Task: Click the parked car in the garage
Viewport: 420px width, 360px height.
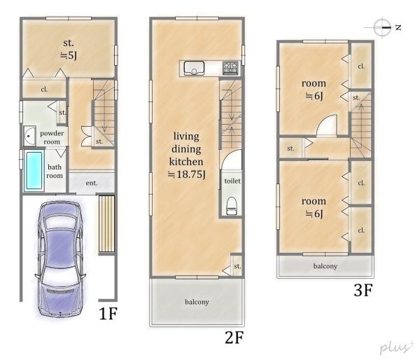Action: (60, 259)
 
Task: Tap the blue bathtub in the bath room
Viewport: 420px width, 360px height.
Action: (34, 169)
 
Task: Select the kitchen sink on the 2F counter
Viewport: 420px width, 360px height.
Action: (194, 67)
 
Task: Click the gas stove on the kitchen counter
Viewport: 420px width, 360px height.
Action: (230, 67)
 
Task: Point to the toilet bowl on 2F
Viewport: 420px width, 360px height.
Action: (232, 206)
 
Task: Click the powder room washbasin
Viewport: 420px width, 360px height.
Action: (29, 136)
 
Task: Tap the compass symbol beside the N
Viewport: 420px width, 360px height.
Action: (381, 27)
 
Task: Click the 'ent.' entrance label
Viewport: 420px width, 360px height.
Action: (92, 183)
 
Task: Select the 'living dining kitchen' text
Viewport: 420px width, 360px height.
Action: (186, 149)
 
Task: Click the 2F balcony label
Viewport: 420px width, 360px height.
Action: (197, 302)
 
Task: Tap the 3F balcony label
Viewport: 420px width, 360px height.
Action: (325, 266)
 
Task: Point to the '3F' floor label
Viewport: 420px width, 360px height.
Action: (363, 290)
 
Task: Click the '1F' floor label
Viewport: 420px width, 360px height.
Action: (108, 313)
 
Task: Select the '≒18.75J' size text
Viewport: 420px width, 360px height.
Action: (187, 174)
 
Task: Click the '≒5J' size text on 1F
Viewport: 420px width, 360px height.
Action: (69, 55)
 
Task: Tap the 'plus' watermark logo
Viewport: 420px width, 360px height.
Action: (397, 347)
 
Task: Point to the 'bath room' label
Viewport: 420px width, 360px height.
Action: (55, 172)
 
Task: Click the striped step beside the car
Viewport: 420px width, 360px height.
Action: (107, 224)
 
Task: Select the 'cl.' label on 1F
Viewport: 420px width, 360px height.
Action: (44, 89)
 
